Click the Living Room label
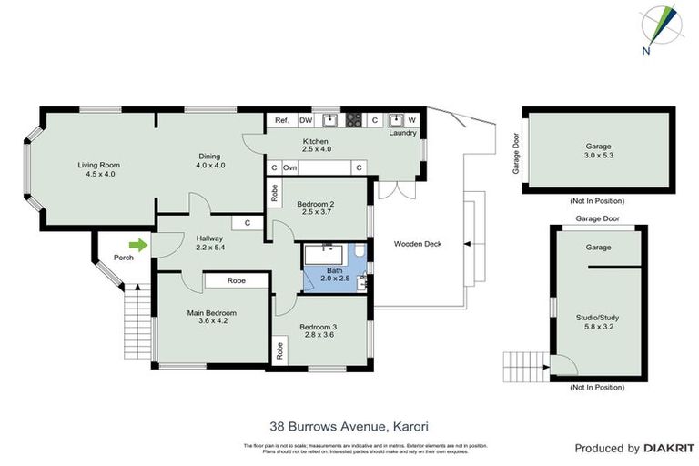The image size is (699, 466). coord(103,165)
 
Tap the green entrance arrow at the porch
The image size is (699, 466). coord(137,244)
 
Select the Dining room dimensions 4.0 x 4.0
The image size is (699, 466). coord(209,165)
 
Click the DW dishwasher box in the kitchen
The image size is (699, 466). coord(306,120)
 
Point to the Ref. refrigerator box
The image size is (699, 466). coord(281,120)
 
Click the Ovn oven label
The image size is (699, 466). coord(290,168)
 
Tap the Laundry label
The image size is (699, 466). coord(401,133)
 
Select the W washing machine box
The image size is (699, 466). coord(411,120)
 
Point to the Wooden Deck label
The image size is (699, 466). coord(418,244)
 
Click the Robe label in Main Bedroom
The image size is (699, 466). coord(238,281)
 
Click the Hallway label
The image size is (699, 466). coord(209,239)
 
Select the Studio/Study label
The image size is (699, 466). coord(597,318)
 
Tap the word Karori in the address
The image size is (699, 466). coord(410,425)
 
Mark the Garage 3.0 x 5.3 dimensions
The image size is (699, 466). coord(598,156)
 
